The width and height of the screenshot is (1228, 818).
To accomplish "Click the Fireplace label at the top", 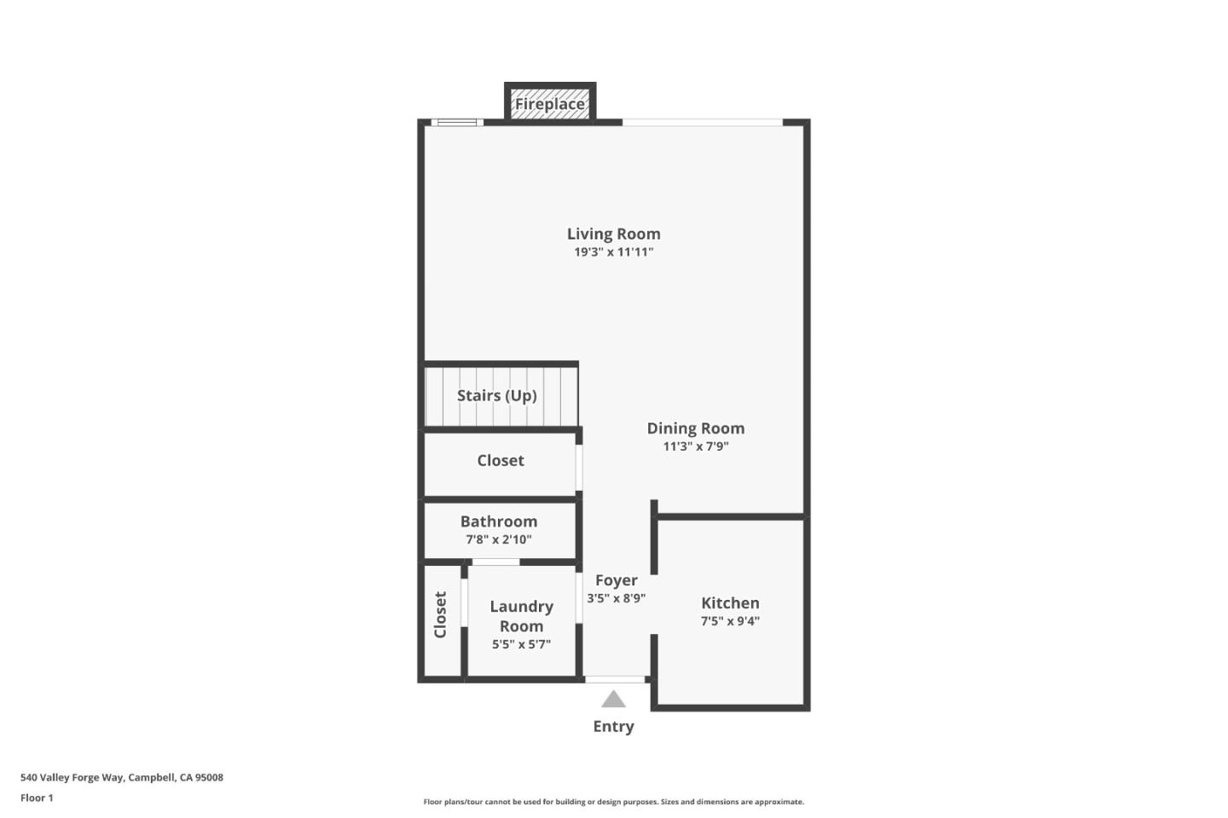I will point(549,104).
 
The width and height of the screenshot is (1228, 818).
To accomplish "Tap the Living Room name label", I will point(613,233).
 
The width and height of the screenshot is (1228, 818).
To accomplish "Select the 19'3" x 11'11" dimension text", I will point(613,252).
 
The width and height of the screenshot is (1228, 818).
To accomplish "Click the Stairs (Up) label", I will point(496,395).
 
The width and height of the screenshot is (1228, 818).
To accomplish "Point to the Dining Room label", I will point(695,428).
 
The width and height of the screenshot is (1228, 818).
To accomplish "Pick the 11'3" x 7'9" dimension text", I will point(695,446).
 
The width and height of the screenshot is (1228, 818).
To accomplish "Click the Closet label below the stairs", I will point(501,460).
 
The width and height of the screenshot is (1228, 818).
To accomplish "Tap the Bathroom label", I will point(499,521).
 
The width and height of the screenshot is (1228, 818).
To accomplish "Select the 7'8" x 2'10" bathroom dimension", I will point(499,539).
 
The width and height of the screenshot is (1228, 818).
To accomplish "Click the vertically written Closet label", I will point(440,614).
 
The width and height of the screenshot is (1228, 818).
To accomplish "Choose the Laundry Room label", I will point(521,616).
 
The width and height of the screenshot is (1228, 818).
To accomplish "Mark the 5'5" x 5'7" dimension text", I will point(521,644).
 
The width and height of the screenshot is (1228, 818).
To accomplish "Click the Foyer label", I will point(616,580).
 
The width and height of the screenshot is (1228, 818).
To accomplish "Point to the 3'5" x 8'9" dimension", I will point(616,598).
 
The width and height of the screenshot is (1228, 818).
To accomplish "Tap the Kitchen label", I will point(730,602).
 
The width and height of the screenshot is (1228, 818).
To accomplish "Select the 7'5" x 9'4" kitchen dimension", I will point(730,621).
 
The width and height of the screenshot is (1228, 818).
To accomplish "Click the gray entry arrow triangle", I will point(613,700).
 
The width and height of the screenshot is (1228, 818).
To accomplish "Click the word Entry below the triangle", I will point(613,726).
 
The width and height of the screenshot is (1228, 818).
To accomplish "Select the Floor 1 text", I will point(37,798).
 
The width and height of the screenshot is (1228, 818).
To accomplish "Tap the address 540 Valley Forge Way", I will point(122,777).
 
